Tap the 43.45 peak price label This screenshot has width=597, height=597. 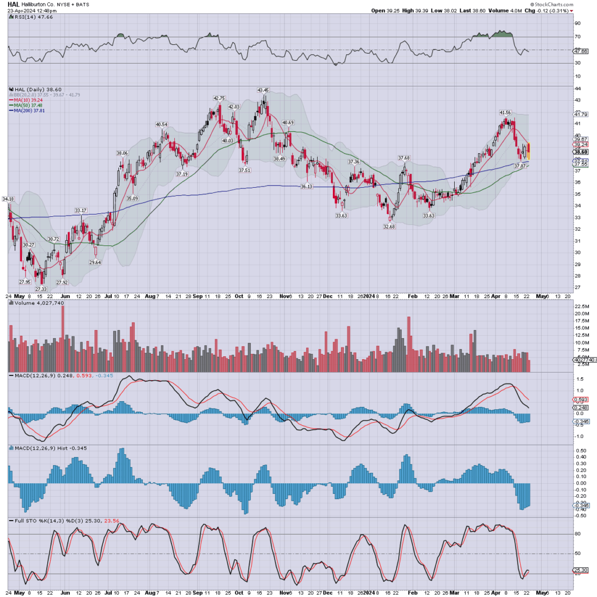click(262, 90)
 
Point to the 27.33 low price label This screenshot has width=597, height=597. click(41, 289)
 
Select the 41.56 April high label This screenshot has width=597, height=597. click(505, 112)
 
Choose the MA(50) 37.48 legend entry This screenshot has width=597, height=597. click(30, 104)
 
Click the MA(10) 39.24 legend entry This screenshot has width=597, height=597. click(30, 99)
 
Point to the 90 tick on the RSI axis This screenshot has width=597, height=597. click(577, 24)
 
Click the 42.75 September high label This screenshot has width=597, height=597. click(219, 98)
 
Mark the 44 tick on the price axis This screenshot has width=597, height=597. click(577, 88)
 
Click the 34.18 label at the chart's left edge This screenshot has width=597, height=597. click(8, 199)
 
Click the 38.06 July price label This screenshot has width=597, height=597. click(122, 153)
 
